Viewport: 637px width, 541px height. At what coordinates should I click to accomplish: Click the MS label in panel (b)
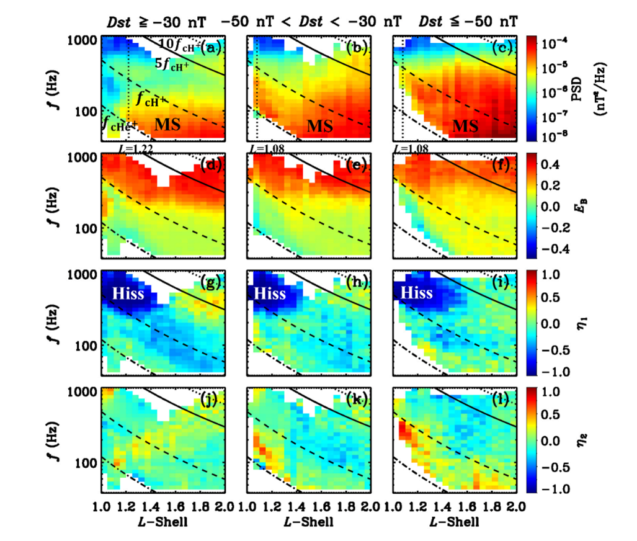320,125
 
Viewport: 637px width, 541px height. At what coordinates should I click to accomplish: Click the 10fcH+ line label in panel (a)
178,45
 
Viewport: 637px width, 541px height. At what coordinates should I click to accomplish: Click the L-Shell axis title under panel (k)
309,522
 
